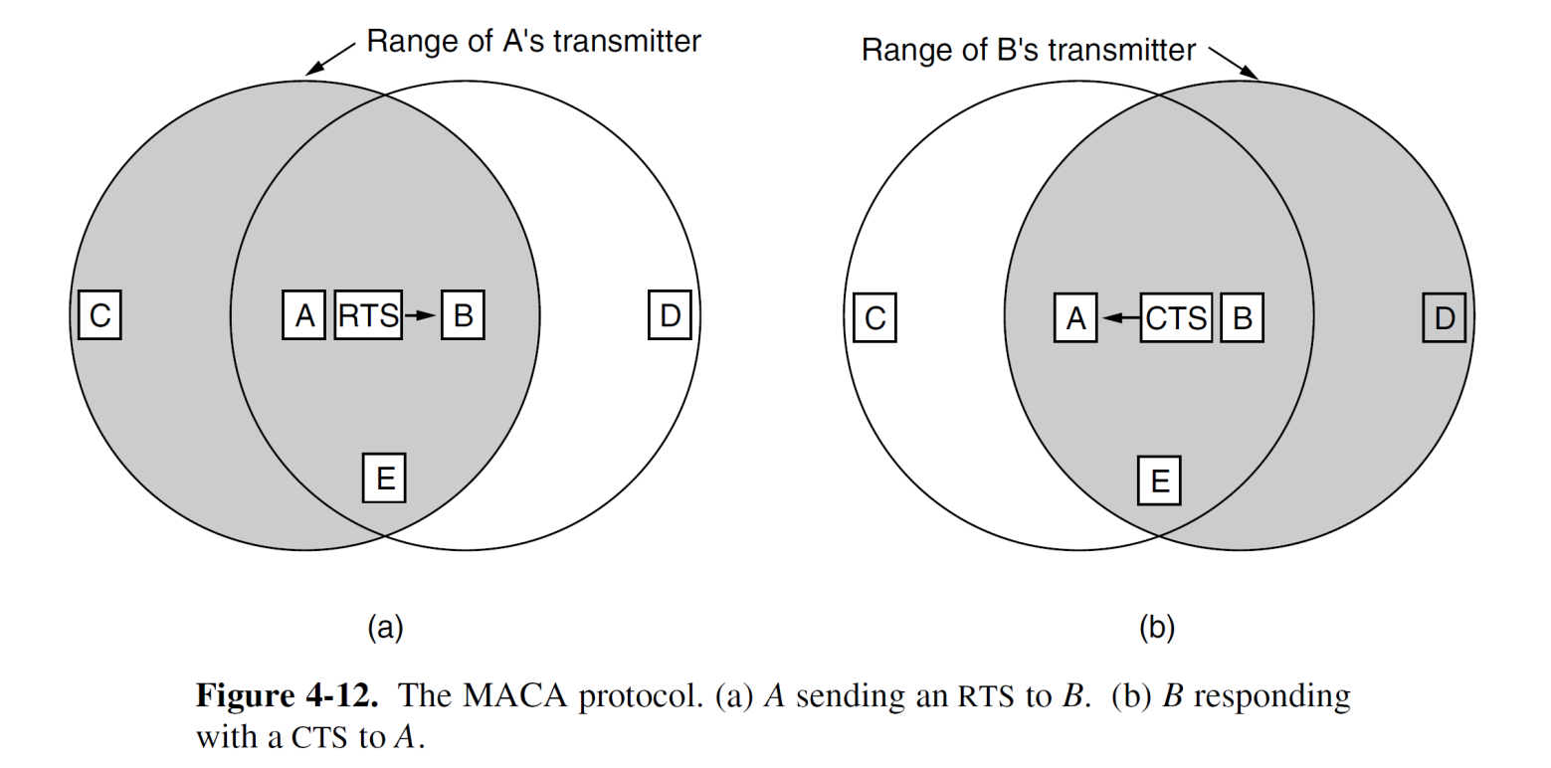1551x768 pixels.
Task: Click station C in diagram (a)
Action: pyautogui.click(x=99, y=315)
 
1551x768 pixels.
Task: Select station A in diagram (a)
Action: pyautogui.click(x=303, y=315)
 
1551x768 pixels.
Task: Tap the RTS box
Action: pyautogui.click(x=368, y=315)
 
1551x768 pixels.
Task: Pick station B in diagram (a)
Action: pyautogui.click(x=463, y=315)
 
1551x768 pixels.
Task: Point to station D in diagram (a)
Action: pyautogui.click(x=670, y=315)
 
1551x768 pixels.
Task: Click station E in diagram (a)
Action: pyautogui.click(x=384, y=479)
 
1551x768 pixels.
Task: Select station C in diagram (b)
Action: pyautogui.click(x=874, y=317)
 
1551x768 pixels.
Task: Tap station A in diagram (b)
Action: pyautogui.click(x=1075, y=317)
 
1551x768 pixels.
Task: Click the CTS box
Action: pyautogui.click(x=1176, y=317)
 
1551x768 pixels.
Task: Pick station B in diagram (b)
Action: pyautogui.click(x=1242, y=317)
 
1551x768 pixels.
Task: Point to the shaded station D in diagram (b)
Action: pyautogui.click(x=1444, y=317)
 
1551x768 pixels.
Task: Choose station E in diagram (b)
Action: pyautogui.click(x=1159, y=480)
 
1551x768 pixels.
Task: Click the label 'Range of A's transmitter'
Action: pyautogui.click(x=533, y=41)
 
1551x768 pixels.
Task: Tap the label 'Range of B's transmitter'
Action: pyautogui.click(x=1028, y=50)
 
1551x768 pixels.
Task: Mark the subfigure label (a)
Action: pyautogui.click(x=385, y=627)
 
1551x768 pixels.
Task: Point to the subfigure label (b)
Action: pyautogui.click(x=1157, y=627)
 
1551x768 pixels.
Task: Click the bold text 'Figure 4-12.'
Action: pyautogui.click(x=287, y=694)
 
